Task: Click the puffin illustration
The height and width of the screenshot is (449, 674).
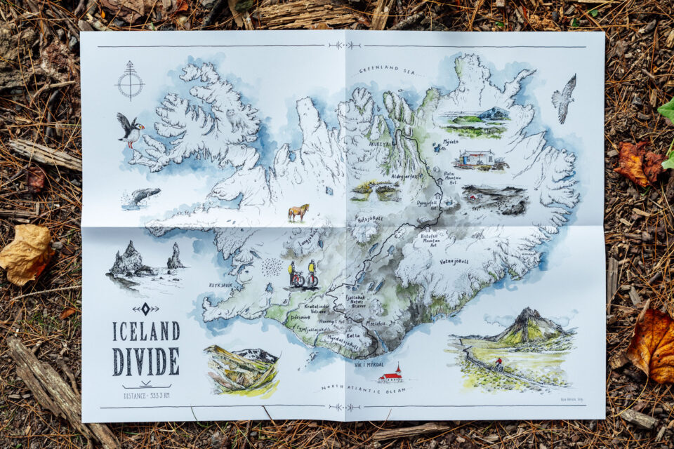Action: pyautogui.click(x=130, y=130)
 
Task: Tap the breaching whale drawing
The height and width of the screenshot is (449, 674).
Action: pyautogui.click(x=143, y=196)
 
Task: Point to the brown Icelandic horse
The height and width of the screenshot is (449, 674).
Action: pyautogui.click(x=298, y=212)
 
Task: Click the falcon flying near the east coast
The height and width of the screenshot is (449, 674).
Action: pyautogui.click(x=564, y=98)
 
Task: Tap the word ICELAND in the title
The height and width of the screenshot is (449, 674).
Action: pyautogui.click(x=146, y=331)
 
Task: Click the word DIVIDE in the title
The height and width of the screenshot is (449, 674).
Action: pyautogui.click(x=146, y=361)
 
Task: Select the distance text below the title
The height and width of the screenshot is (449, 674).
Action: pyautogui.click(x=146, y=396)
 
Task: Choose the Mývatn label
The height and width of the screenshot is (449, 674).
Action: pyautogui.click(x=450, y=141)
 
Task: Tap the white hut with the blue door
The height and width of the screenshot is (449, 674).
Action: pyautogui.click(x=477, y=159)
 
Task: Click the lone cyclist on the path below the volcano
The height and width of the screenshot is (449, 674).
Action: pyautogui.click(x=499, y=363)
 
